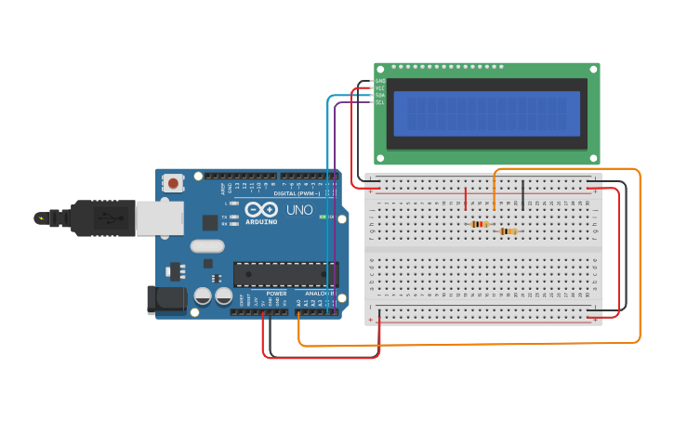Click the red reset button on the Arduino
(173, 184)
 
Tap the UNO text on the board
(299, 210)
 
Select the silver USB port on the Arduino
(159, 218)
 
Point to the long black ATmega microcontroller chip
(284, 274)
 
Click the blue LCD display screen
(486, 113)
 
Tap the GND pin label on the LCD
(379, 81)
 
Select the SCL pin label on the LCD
(379, 102)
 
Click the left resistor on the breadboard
(480, 224)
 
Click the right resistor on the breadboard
(508, 231)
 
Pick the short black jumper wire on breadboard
(522, 194)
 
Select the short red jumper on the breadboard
(466, 198)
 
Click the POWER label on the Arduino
(276, 294)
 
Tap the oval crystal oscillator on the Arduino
(207, 246)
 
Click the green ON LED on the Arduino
(323, 217)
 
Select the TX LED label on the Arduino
(224, 217)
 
